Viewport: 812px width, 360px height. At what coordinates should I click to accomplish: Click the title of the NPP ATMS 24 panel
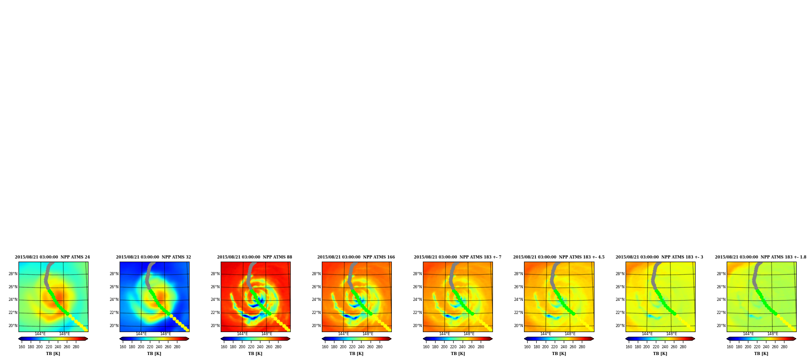(52, 257)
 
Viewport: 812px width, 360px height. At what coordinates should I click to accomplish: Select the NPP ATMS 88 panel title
(255, 257)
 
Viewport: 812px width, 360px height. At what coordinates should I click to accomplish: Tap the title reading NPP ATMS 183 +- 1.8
(761, 257)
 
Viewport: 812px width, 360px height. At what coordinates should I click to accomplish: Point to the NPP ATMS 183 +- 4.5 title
(559, 257)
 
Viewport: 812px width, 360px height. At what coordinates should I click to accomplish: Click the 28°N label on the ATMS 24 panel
(13, 274)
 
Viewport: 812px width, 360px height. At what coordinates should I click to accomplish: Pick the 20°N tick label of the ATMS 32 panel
(114, 326)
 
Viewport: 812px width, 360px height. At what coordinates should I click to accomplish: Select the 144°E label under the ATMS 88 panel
(242, 334)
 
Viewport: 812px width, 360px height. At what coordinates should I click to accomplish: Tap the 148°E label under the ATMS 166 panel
(368, 334)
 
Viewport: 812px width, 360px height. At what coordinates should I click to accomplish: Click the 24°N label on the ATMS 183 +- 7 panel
(417, 300)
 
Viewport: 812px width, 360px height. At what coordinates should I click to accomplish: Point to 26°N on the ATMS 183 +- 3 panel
(620, 287)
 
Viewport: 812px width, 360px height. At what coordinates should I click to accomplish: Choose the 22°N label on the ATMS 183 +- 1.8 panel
(721, 313)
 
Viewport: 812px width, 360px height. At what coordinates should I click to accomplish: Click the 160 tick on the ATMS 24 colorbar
(22, 347)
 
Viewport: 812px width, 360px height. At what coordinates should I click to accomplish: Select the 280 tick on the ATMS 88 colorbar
(278, 347)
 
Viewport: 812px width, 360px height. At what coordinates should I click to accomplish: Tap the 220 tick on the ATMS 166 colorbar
(352, 347)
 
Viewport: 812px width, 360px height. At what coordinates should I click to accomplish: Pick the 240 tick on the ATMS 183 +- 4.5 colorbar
(564, 347)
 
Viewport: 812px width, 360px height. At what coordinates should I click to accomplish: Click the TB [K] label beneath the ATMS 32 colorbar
(154, 354)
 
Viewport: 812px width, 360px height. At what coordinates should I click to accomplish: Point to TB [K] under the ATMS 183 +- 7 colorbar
(458, 354)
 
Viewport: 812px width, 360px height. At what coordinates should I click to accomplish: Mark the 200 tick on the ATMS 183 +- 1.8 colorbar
(748, 347)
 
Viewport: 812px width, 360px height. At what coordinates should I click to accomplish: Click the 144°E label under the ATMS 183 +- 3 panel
(647, 334)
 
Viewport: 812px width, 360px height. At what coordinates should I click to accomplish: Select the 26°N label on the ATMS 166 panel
(316, 287)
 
